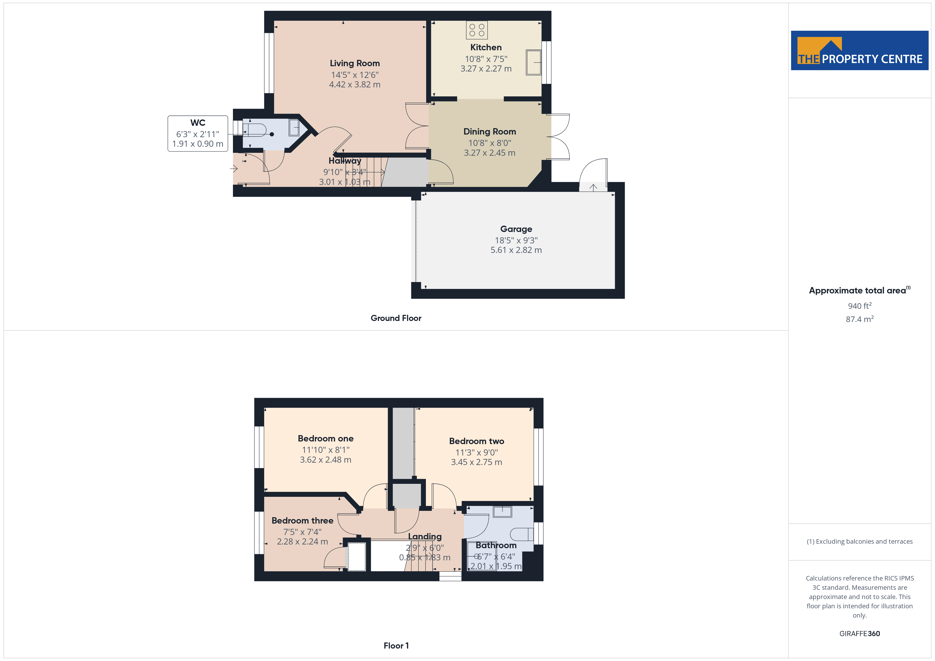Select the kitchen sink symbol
[533, 62]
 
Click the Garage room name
[516, 229]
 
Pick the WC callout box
[198, 133]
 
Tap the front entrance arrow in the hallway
[234, 168]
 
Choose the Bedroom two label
[477, 441]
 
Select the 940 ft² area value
[860, 306]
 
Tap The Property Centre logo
[860, 51]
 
